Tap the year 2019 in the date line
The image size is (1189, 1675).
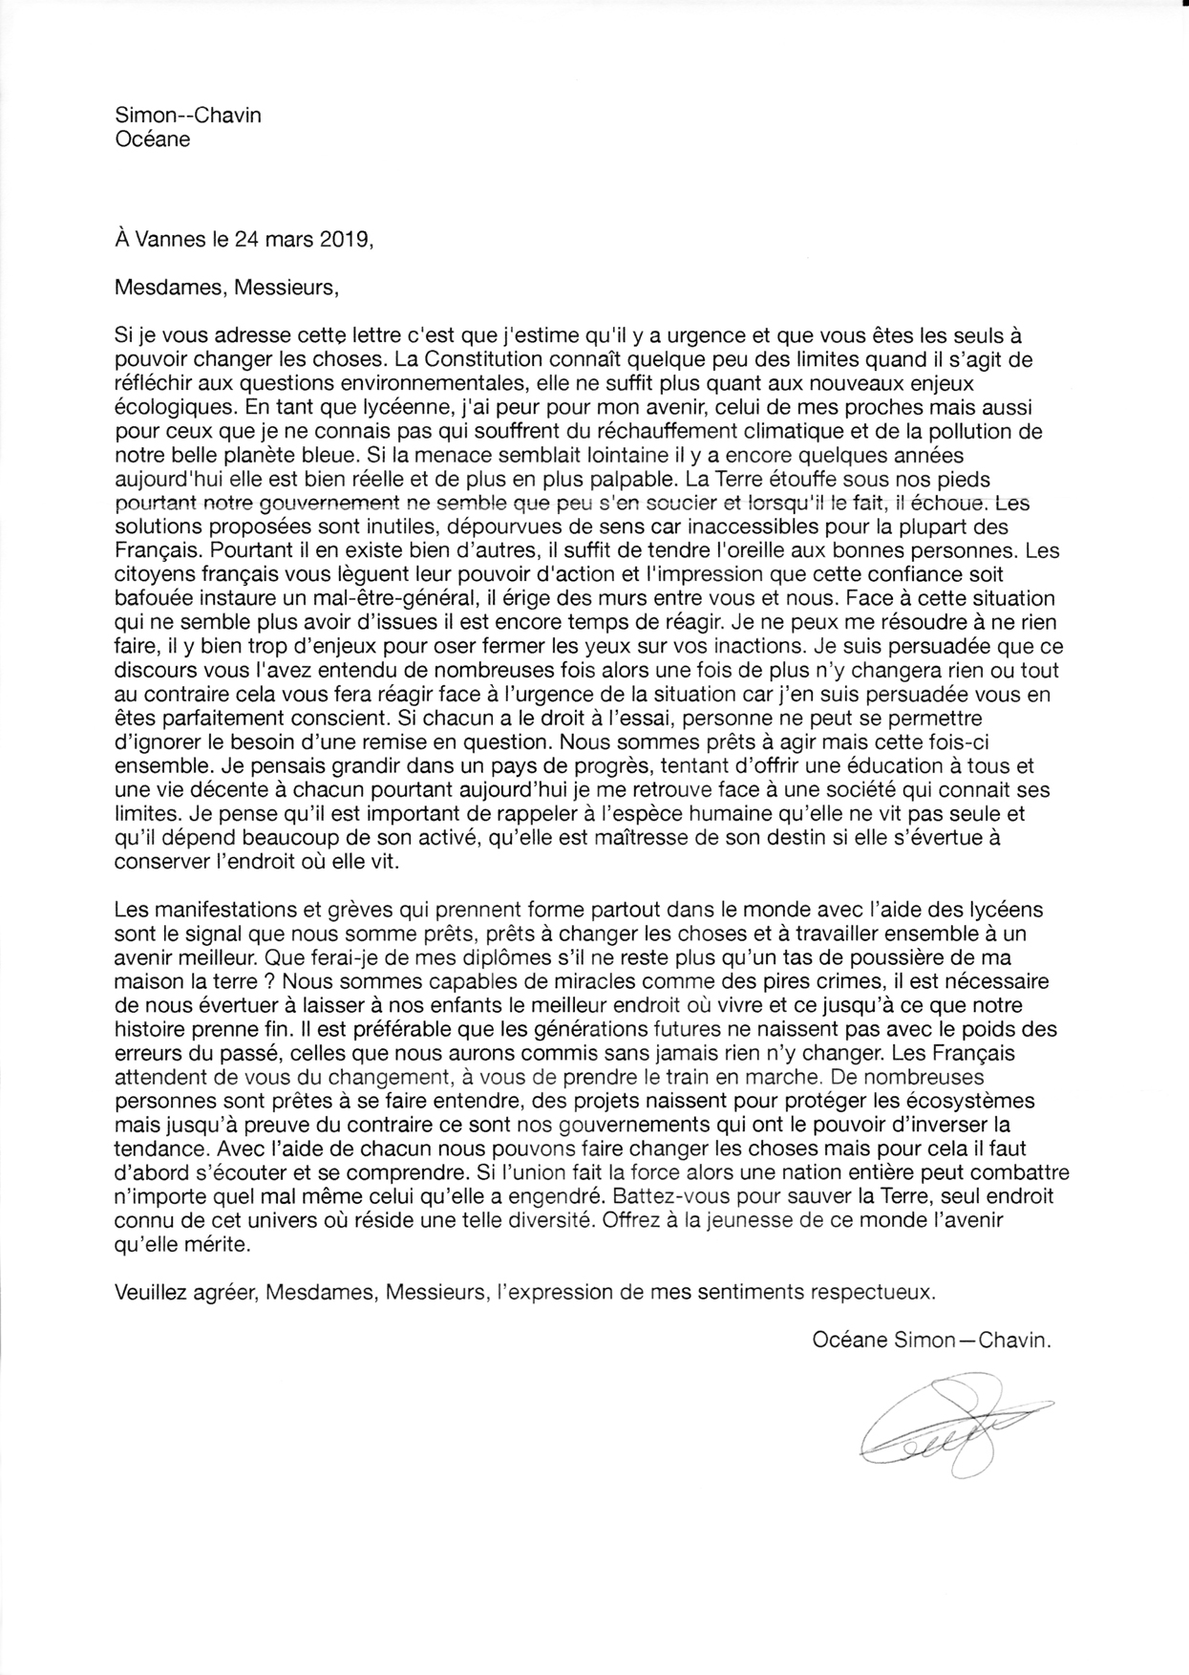[x=343, y=239]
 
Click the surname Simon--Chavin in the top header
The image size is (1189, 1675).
[x=187, y=116]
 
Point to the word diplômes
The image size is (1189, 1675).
[x=439, y=956]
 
